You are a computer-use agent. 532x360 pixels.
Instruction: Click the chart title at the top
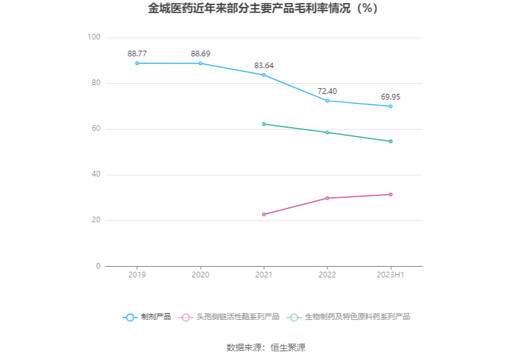tap(265, 9)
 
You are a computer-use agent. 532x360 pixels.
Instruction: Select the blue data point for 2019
tap(137, 63)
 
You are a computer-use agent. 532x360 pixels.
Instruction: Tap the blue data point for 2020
tap(200, 63)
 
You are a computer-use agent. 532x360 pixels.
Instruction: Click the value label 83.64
tap(263, 66)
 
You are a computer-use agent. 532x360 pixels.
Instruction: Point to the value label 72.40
tap(327, 91)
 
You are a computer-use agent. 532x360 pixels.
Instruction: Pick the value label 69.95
tap(391, 97)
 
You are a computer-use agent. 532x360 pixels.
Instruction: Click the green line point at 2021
tap(263, 124)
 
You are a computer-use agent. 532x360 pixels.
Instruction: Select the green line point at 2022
tap(327, 132)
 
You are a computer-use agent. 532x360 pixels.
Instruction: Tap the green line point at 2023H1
tap(391, 141)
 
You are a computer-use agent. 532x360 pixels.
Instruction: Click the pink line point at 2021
tap(263, 215)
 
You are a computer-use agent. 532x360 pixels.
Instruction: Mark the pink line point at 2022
tap(327, 198)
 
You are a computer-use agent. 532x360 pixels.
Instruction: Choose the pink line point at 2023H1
tap(391, 195)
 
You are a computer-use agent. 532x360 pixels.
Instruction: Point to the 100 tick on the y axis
tap(94, 38)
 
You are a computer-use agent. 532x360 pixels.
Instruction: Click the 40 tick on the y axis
tap(96, 175)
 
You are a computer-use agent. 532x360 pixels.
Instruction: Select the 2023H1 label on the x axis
tap(391, 275)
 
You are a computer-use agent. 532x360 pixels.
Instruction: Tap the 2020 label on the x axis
tap(200, 275)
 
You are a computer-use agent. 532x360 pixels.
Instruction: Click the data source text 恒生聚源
tap(288, 347)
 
